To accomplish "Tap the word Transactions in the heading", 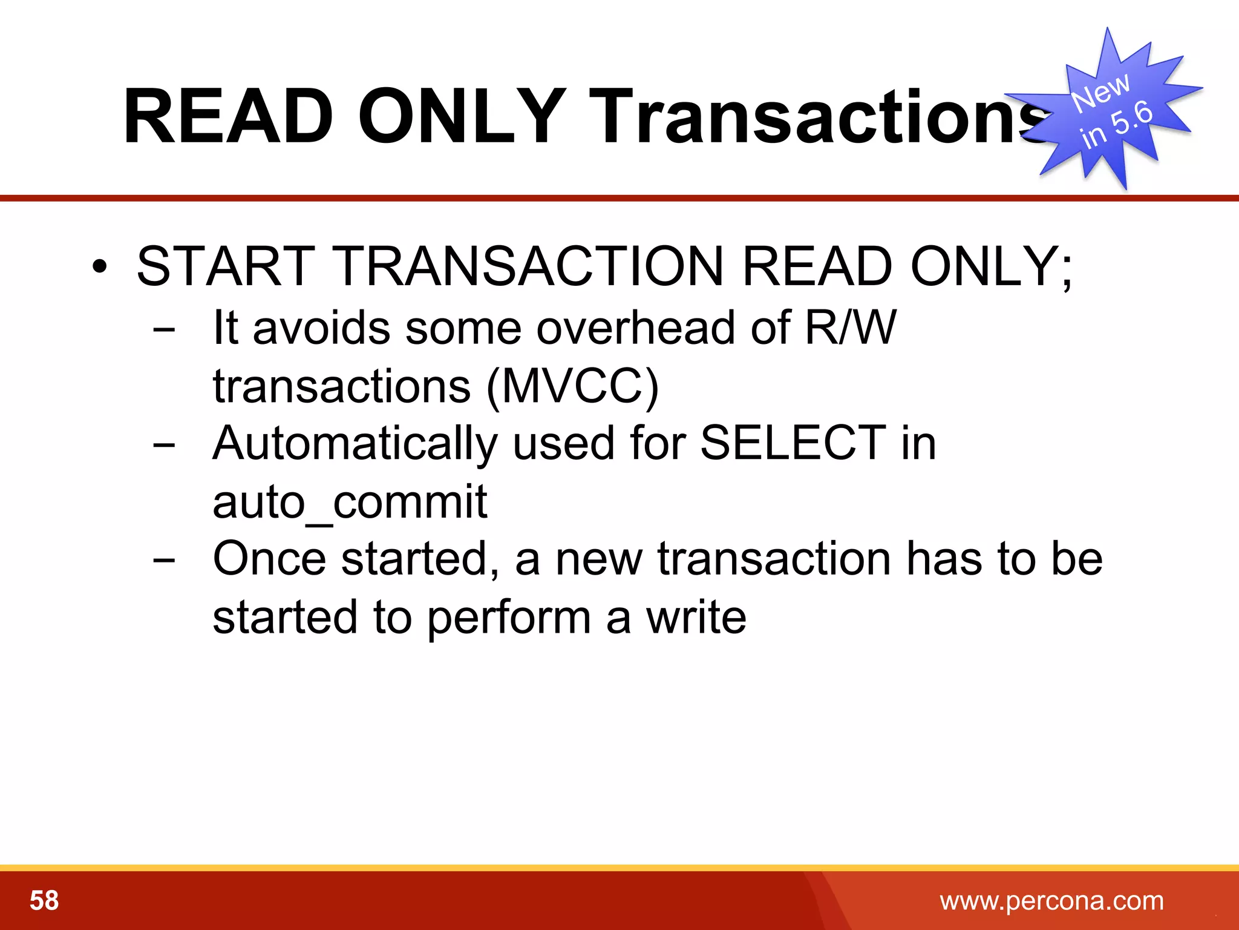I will coord(811,116).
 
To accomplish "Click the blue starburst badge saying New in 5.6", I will coord(1110,109).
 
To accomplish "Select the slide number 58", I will coord(44,900).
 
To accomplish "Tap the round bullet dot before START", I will coord(100,266).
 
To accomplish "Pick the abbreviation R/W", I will coord(850,328).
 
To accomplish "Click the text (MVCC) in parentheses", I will coord(572,386).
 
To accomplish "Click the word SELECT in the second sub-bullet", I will coord(793,443).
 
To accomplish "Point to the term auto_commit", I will coord(350,502).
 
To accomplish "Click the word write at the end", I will coord(696,617).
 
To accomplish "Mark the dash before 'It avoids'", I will coord(164,330).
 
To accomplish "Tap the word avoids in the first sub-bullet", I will coord(321,328).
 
